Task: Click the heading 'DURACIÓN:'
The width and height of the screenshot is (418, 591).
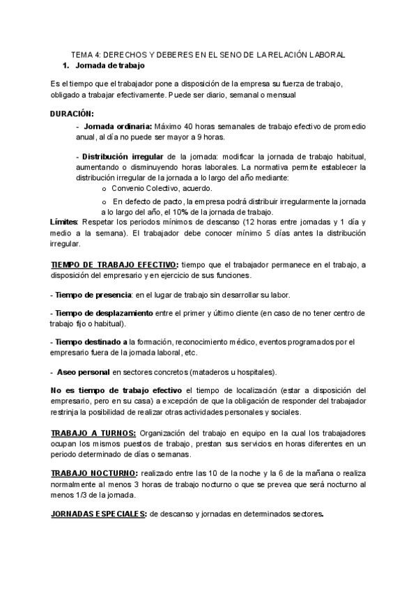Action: point(72,113)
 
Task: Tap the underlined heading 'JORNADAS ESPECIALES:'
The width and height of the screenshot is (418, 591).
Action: point(98,514)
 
